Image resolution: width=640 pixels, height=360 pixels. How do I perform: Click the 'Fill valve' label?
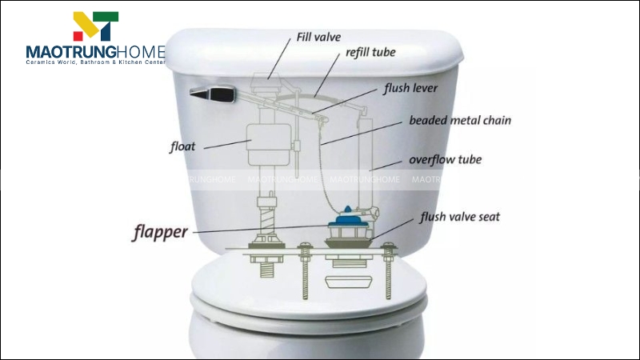[318, 37]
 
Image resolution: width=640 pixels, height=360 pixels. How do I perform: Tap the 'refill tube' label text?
[370, 52]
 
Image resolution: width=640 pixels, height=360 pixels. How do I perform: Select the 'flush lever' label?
[410, 88]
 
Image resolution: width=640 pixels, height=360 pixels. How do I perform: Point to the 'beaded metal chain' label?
[460, 121]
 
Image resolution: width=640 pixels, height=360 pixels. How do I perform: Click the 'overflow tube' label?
[446, 159]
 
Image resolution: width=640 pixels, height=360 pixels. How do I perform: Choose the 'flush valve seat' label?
[460, 217]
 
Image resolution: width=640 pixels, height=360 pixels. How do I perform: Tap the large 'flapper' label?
[161, 232]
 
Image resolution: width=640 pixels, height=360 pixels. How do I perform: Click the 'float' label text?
[182, 146]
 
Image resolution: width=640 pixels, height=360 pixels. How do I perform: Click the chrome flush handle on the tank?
[213, 94]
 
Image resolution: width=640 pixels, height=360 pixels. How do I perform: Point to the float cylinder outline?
[269, 145]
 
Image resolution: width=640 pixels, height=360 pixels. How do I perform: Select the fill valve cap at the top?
[266, 82]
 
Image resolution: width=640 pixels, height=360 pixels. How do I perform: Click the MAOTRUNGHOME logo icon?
[96, 26]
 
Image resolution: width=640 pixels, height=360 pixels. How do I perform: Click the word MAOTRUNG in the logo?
[71, 52]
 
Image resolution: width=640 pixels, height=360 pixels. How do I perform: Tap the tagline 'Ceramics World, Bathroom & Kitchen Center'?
[95, 62]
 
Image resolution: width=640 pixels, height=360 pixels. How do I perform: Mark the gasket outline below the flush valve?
[348, 282]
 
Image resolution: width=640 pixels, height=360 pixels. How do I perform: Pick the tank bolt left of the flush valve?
[305, 270]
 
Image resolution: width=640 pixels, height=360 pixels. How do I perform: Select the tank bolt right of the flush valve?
[388, 270]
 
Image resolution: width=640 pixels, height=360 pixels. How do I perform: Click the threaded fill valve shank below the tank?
[266, 269]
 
